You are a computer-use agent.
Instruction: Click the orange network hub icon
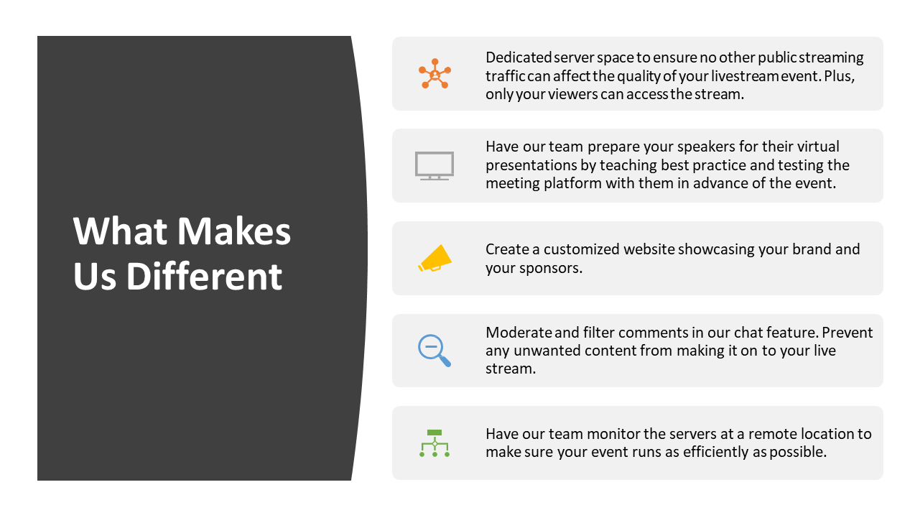point(435,73)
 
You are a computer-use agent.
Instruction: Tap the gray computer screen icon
point(434,166)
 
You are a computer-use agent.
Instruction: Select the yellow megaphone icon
point(435,259)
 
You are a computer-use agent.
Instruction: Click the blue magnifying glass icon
point(435,351)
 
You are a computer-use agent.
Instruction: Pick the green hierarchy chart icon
point(435,443)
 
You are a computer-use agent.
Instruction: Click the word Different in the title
point(204,276)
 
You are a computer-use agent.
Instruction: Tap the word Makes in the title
point(234,231)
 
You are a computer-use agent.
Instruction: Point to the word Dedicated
point(519,57)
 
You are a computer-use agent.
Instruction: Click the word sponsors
point(550,268)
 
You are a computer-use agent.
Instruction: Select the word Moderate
point(519,332)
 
